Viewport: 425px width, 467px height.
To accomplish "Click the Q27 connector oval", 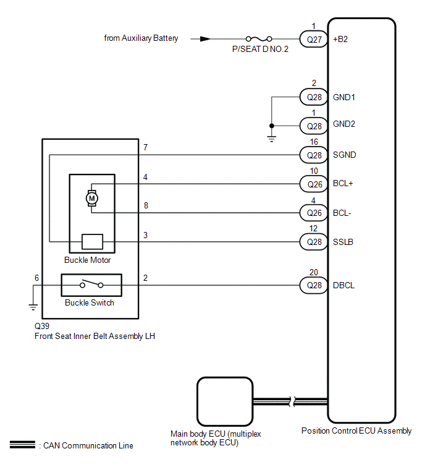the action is [x=314, y=39].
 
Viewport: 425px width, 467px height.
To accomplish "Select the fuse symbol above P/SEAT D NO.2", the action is [x=259, y=39].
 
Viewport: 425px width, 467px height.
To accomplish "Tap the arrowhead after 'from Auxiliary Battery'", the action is [x=205, y=39].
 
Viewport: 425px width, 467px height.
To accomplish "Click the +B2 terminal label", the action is [x=340, y=40].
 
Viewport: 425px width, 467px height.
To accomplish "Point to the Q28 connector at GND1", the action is [x=314, y=97].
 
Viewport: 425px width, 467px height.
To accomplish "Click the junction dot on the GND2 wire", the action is [x=272, y=126].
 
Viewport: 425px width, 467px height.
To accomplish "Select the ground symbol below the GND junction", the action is [x=272, y=139].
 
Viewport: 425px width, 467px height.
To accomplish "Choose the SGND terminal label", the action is [x=345, y=155].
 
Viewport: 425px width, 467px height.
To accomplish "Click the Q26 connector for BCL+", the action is [x=314, y=184].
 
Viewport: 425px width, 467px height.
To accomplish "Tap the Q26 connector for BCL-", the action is [x=314, y=213].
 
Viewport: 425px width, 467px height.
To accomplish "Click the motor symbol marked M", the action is [x=92, y=199].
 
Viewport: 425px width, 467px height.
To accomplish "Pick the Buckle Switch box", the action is [x=91, y=285].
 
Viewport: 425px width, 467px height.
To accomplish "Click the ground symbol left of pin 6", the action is [x=33, y=307].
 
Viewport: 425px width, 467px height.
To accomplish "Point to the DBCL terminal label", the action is [x=344, y=285].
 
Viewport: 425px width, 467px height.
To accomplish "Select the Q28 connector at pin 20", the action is [x=314, y=285].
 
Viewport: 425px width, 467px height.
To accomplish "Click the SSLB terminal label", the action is [x=343, y=242].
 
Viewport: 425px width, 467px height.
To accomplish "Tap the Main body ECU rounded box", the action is [x=225, y=401].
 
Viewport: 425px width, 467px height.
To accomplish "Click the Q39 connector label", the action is [x=42, y=326].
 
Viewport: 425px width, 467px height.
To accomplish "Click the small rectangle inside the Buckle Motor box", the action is [x=93, y=242].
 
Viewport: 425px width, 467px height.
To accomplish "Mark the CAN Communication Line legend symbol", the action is [x=22, y=445].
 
